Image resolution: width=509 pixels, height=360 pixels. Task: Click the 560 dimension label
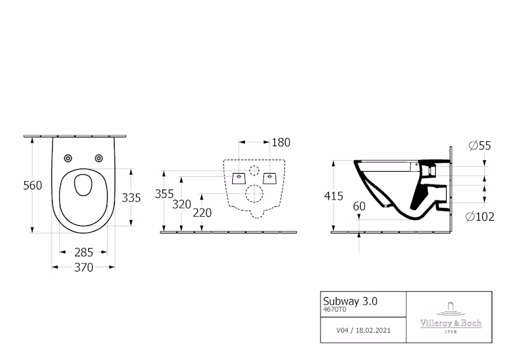coord(32,185)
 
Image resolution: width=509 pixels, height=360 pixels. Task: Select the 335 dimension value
coord(131,198)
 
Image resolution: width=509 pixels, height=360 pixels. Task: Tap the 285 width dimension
coord(84,253)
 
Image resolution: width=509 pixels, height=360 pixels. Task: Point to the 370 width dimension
coord(84,267)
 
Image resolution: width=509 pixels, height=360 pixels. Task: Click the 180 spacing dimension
coord(281,142)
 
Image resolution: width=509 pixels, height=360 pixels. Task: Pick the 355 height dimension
coord(164,194)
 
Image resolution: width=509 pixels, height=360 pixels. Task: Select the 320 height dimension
coord(182,204)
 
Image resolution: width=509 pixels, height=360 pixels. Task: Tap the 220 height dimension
coord(202,212)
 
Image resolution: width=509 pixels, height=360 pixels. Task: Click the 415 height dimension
coord(333,196)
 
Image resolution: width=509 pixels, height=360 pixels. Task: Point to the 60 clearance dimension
coord(359,206)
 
